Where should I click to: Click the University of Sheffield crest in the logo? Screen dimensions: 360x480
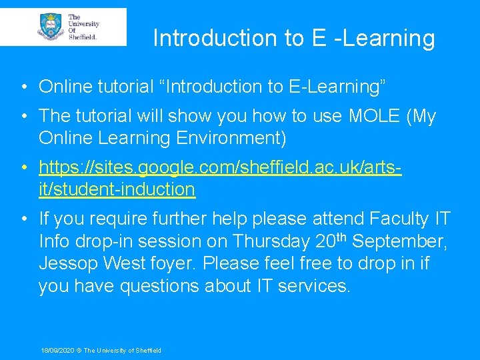click(51, 26)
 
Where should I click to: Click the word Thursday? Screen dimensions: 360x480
click(273, 241)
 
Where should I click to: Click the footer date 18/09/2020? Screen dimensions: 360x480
click(58, 350)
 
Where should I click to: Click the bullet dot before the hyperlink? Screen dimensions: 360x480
click(23, 167)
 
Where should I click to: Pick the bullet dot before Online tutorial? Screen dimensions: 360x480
click(23, 87)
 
